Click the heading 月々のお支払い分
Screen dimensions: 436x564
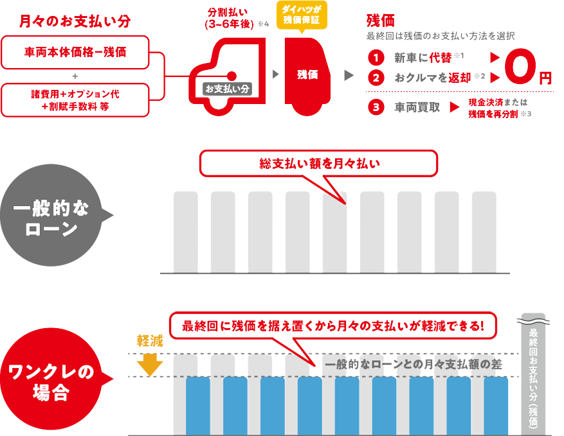point(75,21)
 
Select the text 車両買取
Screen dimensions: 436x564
point(417,107)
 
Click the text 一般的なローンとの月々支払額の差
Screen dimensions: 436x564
point(413,365)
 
